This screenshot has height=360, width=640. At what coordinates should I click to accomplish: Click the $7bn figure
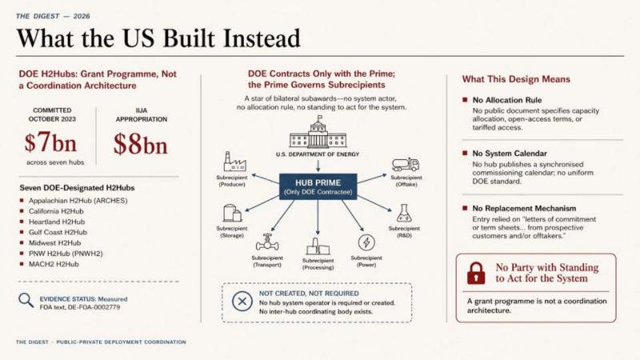50,142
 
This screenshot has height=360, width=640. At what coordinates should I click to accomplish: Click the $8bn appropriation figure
141,144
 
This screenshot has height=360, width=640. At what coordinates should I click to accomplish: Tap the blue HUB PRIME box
318,186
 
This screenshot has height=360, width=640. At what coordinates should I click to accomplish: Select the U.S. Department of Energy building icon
318,132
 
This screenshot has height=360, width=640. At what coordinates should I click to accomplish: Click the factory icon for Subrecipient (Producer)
234,162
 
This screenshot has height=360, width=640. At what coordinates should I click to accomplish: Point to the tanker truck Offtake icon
406,165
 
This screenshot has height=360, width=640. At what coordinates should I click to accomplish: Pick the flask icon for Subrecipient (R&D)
404,213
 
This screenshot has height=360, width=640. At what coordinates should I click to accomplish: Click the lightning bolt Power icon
366,242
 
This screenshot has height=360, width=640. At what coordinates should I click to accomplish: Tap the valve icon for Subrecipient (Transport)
267,242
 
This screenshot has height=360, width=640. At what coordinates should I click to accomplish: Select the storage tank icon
232,214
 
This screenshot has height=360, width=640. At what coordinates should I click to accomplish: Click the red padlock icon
476,273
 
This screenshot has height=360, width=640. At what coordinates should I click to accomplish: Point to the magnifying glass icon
26,300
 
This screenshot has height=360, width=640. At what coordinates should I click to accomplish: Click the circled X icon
242,302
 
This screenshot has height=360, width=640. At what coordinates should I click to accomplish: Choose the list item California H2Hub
56,211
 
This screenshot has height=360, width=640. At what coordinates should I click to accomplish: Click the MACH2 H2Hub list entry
54,264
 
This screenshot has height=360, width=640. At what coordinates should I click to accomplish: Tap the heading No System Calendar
510,154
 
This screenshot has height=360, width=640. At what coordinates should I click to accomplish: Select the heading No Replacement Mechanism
524,208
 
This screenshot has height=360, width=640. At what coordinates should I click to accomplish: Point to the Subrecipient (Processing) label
318,264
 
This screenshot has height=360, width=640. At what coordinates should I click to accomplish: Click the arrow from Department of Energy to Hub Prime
318,166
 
